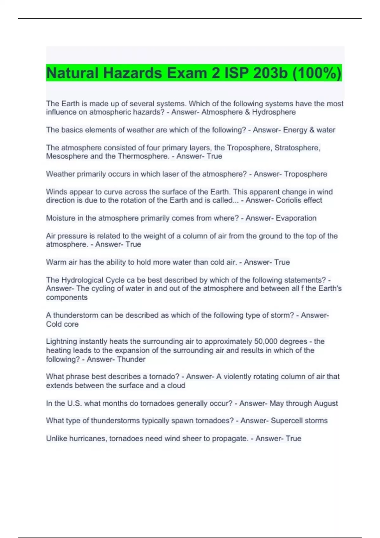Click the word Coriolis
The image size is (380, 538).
288,200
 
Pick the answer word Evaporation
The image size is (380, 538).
296,218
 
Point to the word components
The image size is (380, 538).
67,297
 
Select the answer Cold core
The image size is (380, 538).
62,324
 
